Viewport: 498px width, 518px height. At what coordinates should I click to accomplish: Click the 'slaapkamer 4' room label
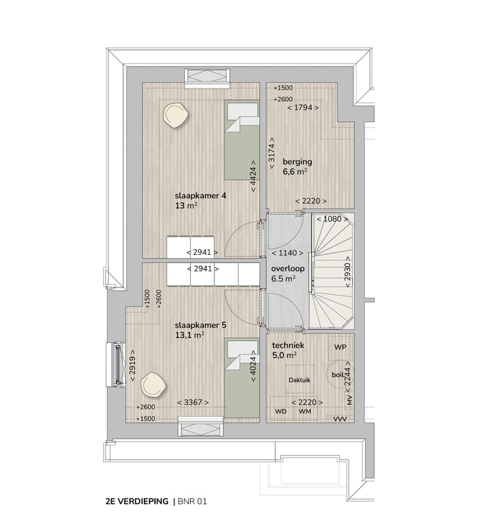click(201, 196)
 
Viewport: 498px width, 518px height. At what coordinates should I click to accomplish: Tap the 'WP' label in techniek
click(340, 346)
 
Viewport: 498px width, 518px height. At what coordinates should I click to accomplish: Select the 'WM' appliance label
click(304, 412)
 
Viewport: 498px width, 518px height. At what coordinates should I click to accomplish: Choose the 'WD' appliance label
click(281, 412)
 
